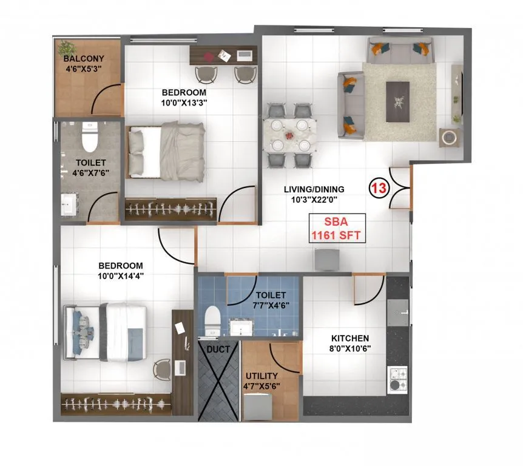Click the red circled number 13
pyautogui.click(x=379, y=188)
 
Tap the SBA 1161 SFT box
pyautogui.click(x=338, y=229)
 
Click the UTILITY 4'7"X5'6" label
pyautogui.click(x=262, y=380)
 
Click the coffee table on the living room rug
pyautogui.click(x=402, y=95)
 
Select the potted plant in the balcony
pyautogui.click(x=67, y=47)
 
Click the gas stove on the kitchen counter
pyautogui.click(x=398, y=379)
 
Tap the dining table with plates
pyautogui.click(x=290, y=134)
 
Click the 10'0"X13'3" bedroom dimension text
pyautogui.click(x=184, y=103)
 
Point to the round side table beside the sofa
pyautogui.click(x=450, y=137)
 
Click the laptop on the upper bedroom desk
pyautogui.click(x=245, y=56)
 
